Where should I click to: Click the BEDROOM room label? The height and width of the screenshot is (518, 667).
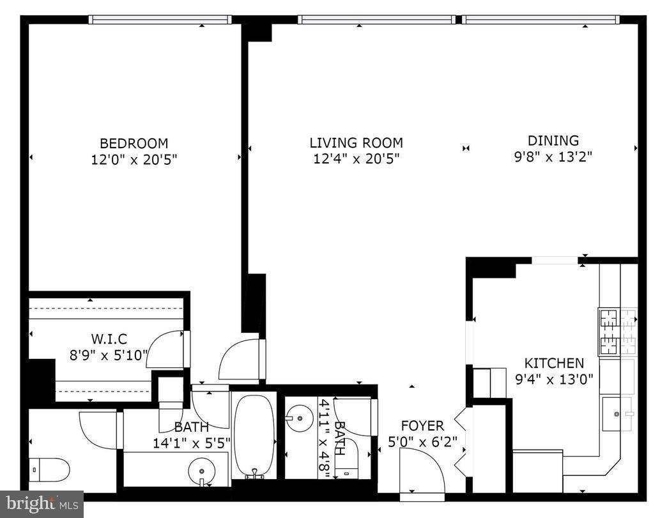pos(134,143)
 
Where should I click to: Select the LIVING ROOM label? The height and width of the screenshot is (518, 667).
pos(356,143)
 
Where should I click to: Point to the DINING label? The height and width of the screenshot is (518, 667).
pos(553,141)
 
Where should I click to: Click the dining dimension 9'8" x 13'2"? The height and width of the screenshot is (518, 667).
pos(553,156)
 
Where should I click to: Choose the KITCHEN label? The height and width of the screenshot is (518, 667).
pos(554,363)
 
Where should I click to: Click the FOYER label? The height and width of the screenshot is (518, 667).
pos(422,425)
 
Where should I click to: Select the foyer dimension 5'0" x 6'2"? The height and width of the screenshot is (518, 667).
pos(422,441)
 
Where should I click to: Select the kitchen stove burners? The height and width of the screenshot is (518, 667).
pos(617,331)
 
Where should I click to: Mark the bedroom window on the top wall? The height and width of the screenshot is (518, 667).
pos(160,20)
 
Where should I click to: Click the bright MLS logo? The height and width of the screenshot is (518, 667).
pos(42,504)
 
